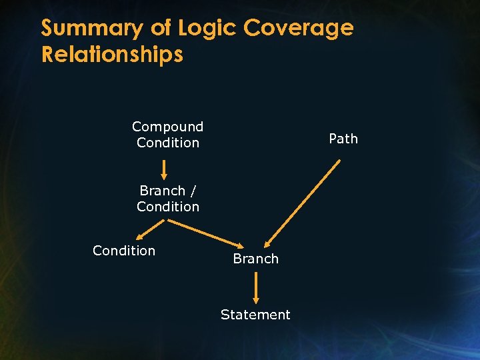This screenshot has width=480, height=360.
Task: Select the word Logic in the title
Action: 205,29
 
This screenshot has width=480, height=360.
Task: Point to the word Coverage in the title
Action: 298,29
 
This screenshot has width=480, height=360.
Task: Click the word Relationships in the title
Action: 112,54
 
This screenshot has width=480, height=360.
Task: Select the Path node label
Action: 343,139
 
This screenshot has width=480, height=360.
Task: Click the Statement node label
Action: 255,315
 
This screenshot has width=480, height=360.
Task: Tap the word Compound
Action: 167,127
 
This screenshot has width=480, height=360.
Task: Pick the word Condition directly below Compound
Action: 167,143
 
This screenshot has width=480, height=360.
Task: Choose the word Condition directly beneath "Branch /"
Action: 167,207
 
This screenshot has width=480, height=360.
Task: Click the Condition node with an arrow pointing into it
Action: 124,251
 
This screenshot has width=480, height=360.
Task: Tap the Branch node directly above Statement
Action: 255,259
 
